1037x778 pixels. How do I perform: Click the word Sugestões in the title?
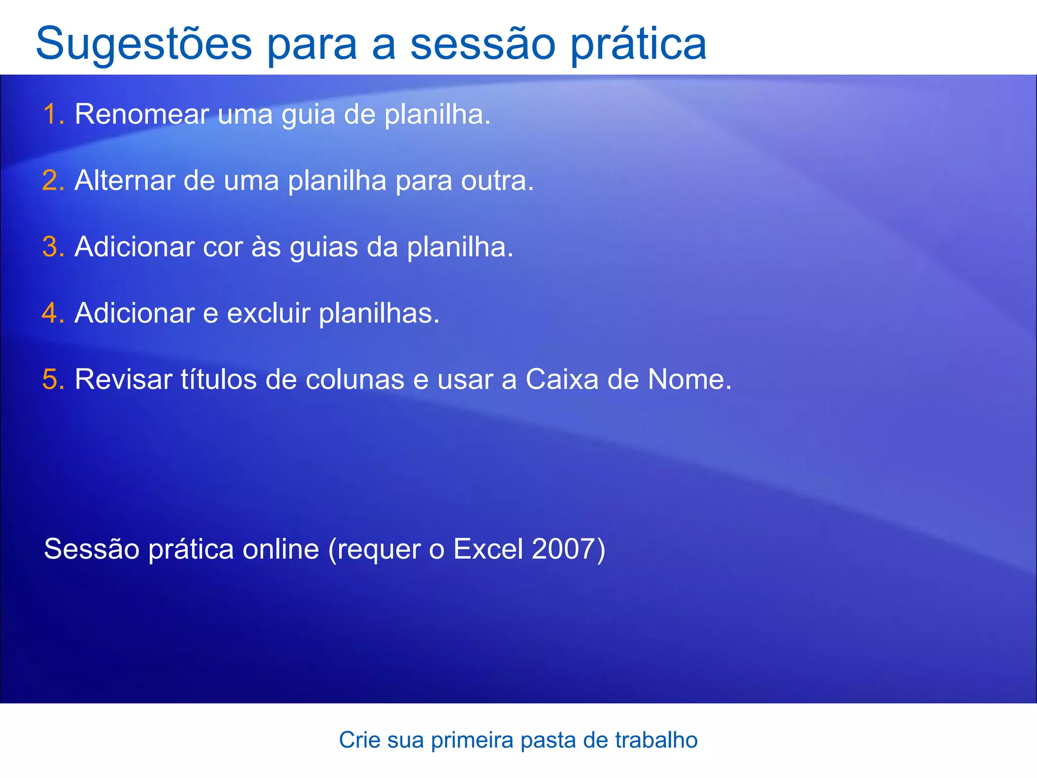point(144,45)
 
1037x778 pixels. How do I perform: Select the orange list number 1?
point(52,114)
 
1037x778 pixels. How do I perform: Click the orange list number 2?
point(52,181)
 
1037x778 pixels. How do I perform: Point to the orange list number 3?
point(52,247)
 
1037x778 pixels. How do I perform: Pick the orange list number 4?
point(52,313)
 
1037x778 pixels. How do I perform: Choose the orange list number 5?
point(52,379)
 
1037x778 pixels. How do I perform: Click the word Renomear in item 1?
point(142,114)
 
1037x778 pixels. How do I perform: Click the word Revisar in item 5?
point(123,379)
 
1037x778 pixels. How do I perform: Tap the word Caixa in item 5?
point(562,379)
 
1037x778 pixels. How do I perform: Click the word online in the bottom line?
point(281,549)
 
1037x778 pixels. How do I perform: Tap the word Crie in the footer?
point(358,740)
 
